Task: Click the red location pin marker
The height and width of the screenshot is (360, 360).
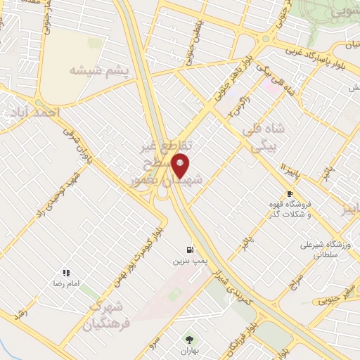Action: (181, 166)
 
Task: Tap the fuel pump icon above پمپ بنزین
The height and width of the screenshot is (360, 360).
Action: (190, 250)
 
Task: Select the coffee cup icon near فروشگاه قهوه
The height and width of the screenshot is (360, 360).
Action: (290, 193)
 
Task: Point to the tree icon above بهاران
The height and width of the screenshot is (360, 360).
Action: (187, 340)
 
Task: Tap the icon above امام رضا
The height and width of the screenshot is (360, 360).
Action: (66, 272)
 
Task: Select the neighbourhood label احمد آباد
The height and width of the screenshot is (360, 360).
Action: (32, 112)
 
